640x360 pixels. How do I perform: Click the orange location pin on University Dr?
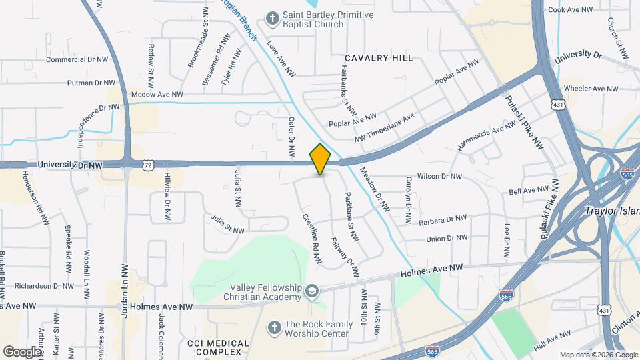tap(321, 159)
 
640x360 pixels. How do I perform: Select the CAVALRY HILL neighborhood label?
tap(379, 59)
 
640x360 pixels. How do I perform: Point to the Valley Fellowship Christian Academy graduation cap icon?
tap(311, 291)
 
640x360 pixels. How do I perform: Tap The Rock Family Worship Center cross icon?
tap(273, 327)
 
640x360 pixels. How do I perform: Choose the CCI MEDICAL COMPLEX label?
tap(218, 347)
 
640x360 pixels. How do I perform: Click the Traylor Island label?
tap(612, 211)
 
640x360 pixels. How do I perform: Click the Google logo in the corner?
tap(22, 351)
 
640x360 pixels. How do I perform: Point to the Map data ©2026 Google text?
tap(598, 355)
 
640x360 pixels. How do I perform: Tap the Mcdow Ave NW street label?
tap(157, 95)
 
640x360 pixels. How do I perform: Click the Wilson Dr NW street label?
tap(439, 177)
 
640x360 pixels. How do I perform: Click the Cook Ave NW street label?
tap(570, 10)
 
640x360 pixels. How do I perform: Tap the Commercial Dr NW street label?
tap(77, 59)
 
